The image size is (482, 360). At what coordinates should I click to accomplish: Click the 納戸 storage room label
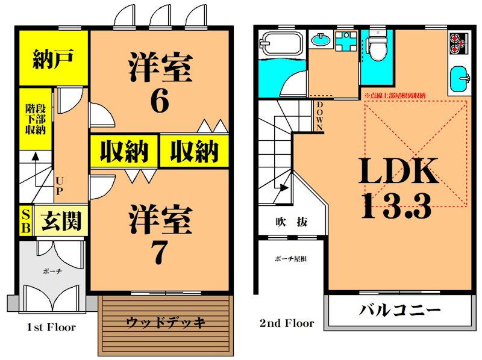[53, 61]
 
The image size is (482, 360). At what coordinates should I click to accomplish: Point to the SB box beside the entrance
[25, 221]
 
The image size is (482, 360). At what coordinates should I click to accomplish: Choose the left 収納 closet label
[124, 151]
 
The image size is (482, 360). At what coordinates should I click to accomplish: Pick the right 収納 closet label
[193, 151]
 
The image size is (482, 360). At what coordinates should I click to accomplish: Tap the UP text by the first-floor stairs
[60, 185]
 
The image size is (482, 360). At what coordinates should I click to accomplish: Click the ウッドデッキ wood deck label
[166, 322]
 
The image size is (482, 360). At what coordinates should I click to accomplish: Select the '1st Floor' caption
[51, 327]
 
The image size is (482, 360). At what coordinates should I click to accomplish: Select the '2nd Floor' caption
[287, 323]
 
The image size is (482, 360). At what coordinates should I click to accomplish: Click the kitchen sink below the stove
[461, 79]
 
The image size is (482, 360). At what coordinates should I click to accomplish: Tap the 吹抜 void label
[290, 222]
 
